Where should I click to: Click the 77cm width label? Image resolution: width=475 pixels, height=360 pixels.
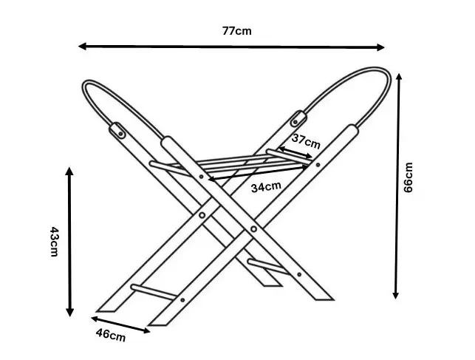coord(236,31)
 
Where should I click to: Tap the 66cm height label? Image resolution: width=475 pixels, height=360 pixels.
coord(408,177)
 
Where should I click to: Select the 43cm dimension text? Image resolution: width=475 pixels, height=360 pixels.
coord(54,242)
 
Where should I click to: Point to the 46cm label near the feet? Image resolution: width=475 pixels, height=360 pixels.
coord(111,335)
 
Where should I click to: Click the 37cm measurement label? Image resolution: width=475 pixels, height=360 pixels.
coord(306,141)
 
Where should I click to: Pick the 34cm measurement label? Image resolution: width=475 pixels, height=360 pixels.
coord(266,187)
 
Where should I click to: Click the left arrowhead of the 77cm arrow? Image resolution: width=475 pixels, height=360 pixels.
coord(82,46)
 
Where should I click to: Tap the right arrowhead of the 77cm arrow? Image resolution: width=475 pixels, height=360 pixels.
coord(381,47)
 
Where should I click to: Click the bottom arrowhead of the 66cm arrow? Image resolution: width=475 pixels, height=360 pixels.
coord(396,295)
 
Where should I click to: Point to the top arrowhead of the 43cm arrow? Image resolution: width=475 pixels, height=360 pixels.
coord(69,171)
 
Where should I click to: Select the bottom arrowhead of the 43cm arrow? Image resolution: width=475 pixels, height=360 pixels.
coord(69,313)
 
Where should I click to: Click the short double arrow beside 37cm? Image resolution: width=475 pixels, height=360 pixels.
coord(295,152)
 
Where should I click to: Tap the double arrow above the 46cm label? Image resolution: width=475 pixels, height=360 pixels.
coord(120,325)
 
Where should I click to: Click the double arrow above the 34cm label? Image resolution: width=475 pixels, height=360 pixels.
coord(259,173)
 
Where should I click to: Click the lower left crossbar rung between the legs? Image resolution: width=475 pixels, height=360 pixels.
coord(154,292)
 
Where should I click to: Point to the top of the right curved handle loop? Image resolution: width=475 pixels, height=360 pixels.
coord(375,69)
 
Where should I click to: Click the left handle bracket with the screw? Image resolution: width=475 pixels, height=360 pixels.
coord(117,130)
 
